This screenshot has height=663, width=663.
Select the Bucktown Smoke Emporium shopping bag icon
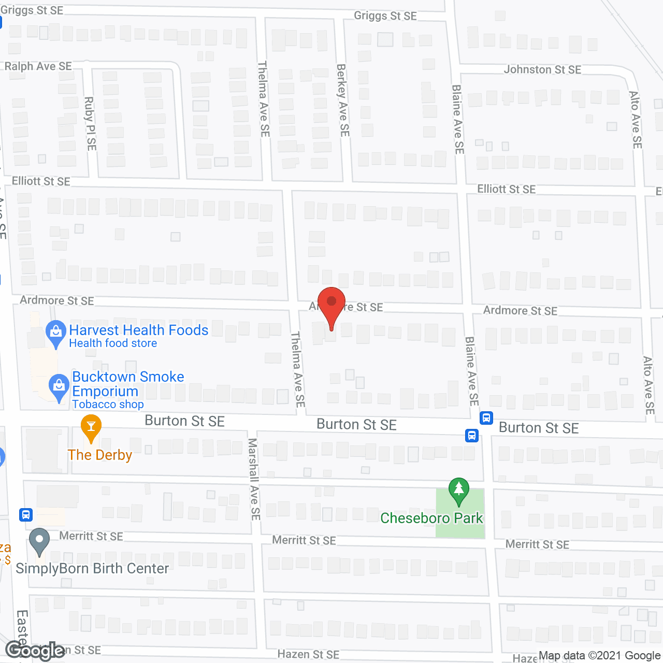(59, 386)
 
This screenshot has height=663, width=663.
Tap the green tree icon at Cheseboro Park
(458, 490)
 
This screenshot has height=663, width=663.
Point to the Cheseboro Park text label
(431, 518)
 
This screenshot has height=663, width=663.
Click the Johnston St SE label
(542, 69)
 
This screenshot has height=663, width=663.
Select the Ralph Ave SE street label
(38, 66)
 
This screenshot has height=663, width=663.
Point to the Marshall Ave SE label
(254, 479)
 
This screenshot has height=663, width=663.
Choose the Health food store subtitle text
(113, 343)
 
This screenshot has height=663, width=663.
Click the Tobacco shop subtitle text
(108, 405)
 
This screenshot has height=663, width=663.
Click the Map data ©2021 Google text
(599, 656)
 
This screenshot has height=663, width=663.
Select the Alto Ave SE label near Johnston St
(636, 120)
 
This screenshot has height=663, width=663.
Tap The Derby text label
(100, 455)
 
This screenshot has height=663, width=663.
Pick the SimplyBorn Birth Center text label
(92, 568)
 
